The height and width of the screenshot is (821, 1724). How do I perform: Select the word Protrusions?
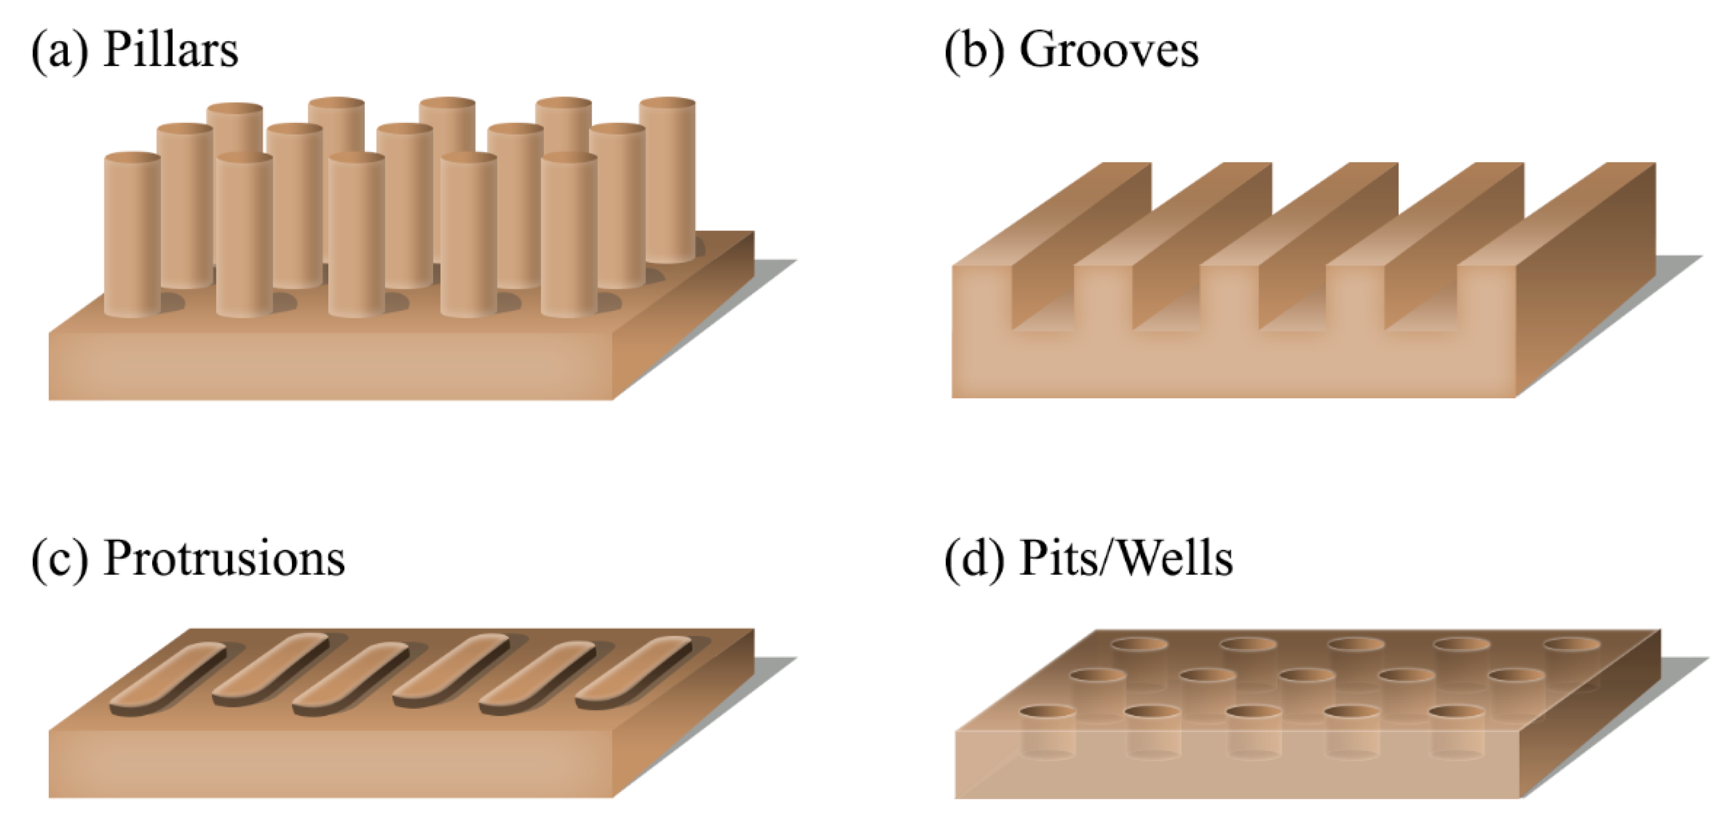224,559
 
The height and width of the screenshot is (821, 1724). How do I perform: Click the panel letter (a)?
59,51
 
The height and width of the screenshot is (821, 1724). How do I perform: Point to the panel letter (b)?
974,51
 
